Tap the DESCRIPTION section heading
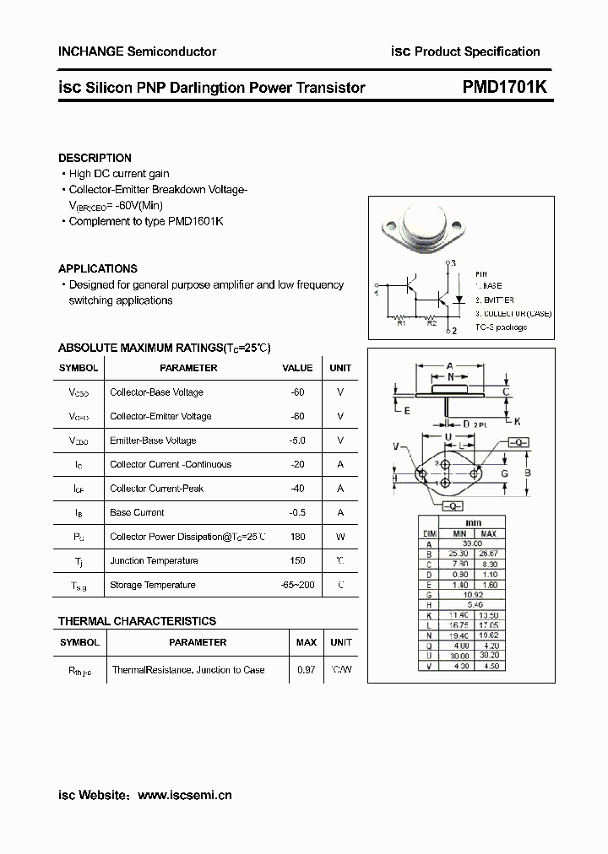click(x=95, y=158)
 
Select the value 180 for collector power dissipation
click(x=296, y=537)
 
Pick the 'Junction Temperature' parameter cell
click(x=154, y=560)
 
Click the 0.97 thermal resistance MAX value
click(x=306, y=670)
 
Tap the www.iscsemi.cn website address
click(x=184, y=795)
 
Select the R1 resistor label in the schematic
click(x=402, y=322)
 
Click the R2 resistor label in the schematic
click(x=431, y=322)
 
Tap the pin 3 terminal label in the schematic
click(x=453, y=263)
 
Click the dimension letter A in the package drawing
click(x=450, y=365)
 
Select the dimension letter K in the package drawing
click(x=517, y=421)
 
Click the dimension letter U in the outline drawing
click(x=448, y=435)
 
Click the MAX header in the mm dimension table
click(x=488, y=534)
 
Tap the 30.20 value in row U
click(x=488, y=657)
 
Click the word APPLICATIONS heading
click(x=98, y=268)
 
